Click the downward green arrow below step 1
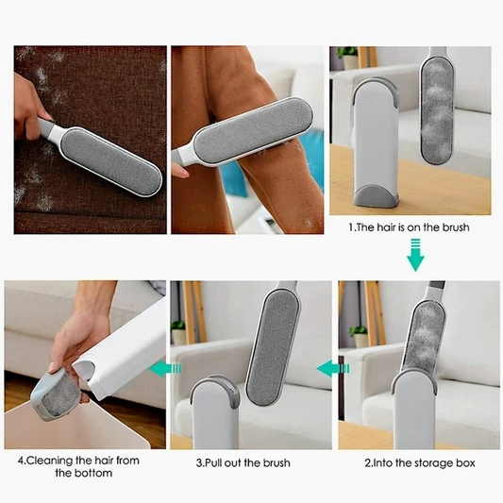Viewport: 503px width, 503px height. click(415, 255)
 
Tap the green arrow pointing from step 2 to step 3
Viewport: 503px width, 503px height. click(333, 368)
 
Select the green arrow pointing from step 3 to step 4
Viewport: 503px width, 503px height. click(165, 368)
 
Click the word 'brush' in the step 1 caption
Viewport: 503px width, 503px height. click(456, 227)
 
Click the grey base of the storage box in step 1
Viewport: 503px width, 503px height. click(376, 194)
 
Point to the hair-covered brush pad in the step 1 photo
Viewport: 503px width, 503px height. click(437, 110)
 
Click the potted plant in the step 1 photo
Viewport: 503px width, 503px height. click(348, 59)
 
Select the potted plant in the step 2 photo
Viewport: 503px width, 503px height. click(359, 336)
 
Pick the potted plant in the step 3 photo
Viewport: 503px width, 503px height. click(178, 332)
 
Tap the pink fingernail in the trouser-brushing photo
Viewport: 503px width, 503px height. click(185, 174)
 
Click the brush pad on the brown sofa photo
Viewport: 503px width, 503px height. click(111, 161)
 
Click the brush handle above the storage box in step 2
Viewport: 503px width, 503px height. click(435, 289)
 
